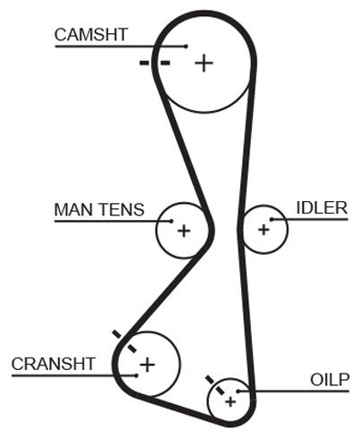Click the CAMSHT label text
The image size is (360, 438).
91,35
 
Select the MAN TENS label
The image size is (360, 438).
99,209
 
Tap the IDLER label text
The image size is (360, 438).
322,207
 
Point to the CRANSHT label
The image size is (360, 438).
54,364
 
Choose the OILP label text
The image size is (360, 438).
330,380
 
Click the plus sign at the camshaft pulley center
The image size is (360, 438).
204,63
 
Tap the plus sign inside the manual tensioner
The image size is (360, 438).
184,231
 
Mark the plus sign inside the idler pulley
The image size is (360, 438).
264,230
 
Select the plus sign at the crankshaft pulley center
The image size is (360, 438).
147,365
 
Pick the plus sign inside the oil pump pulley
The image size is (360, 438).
230,401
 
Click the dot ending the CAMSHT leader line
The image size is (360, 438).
186,46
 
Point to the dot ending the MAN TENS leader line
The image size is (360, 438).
172,221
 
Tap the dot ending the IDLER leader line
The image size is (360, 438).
272,220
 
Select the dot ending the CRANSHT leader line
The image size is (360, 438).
136,375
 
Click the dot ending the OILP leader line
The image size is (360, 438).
239,391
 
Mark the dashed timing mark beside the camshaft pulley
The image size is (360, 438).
155,63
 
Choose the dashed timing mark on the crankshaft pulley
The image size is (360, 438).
124,341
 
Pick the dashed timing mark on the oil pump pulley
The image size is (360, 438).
215,385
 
